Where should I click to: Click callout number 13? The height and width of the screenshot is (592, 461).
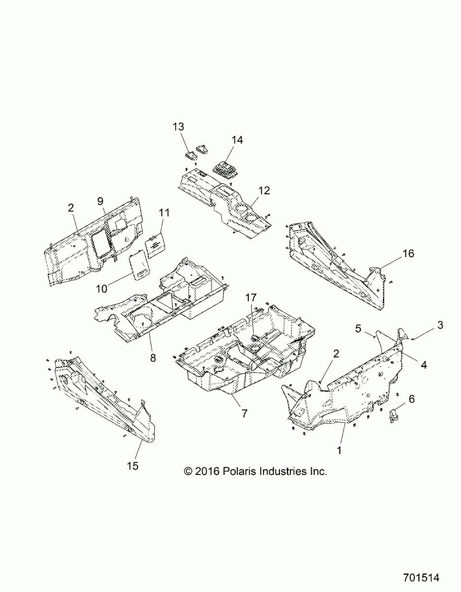tap(178, 127)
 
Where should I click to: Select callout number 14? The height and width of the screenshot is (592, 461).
tap(237, 140)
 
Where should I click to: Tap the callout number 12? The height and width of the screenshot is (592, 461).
tap(264, 191)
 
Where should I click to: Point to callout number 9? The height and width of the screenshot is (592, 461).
tap(100, 201)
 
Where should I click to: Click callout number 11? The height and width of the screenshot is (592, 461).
tap(164, 213)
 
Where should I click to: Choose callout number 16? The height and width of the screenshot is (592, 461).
tap(408, 253)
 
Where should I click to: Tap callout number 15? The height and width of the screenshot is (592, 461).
tap(133, 465)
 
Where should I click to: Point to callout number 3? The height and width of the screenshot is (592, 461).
tap(440, 325)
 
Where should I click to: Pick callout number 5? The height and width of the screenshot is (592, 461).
tap(358, 329)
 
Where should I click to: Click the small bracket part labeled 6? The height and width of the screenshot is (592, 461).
tap(394, 416)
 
